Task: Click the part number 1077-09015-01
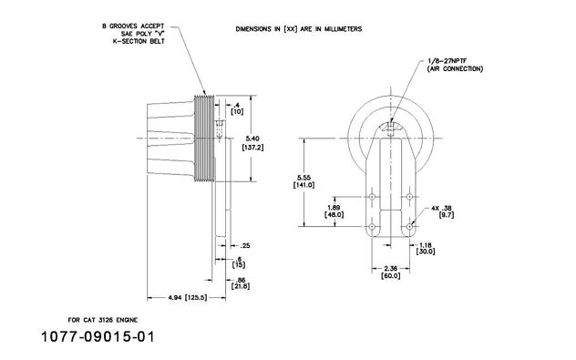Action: (x=98, y=337)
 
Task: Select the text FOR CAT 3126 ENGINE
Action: (x=103, y=320)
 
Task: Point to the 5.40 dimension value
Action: (x=252, y=139)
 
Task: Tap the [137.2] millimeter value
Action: (x=252, y=148)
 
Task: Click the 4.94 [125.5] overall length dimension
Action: (x=188, y=297)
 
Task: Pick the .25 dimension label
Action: (x=245, y=245)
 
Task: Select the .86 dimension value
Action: (x=241, y=280)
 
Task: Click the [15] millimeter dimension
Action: (x=239, y=265)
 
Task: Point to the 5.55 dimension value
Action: (x=303, y=177)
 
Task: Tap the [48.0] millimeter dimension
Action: (x=334, y=214)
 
